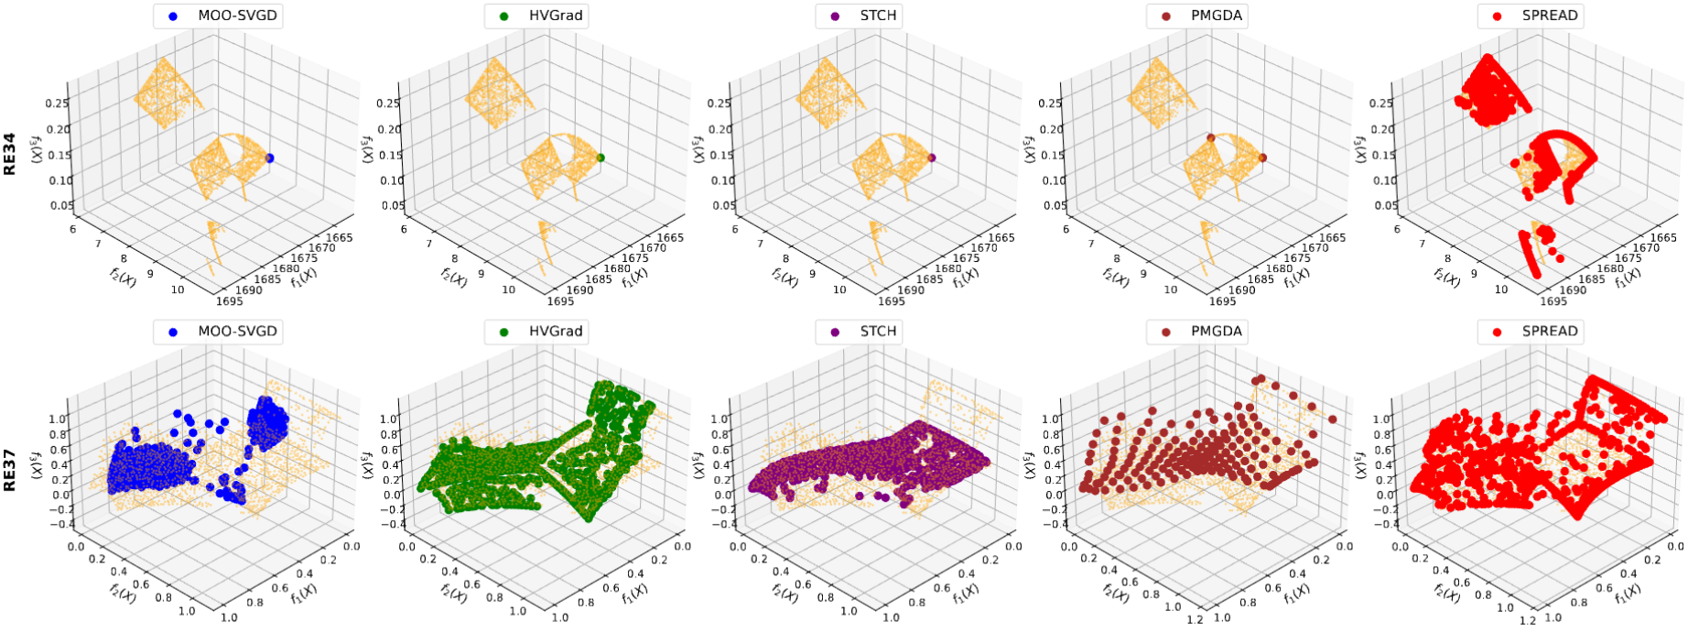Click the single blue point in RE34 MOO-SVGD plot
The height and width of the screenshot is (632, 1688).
pos(269,158)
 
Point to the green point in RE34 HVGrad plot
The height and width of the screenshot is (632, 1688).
pos(601,158)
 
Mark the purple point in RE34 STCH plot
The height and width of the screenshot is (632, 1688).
pos(932,158)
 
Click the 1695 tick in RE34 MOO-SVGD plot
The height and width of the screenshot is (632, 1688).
pos(230,300)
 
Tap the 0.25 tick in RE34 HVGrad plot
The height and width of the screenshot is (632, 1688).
pos(388,104)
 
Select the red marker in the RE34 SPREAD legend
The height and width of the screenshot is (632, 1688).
pos(1499,16)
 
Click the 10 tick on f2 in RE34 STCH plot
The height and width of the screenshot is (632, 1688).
pos(839,289)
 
